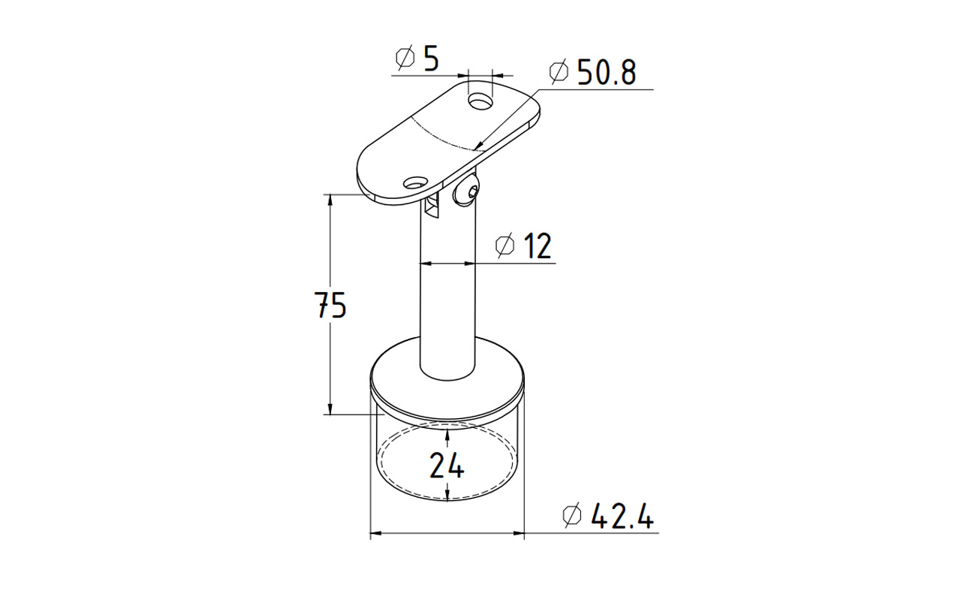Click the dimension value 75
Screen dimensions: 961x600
(x=330, y=305)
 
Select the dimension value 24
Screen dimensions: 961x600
(x=447, y=466)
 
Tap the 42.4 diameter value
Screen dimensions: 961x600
(x=622, y=516)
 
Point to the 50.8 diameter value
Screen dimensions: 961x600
(x=607, y=71)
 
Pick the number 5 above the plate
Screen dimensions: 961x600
(x=431, y=58)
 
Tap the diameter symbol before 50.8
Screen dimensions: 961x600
(x=559, y=71)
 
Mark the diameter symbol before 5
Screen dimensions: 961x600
(x=405, y=58)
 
